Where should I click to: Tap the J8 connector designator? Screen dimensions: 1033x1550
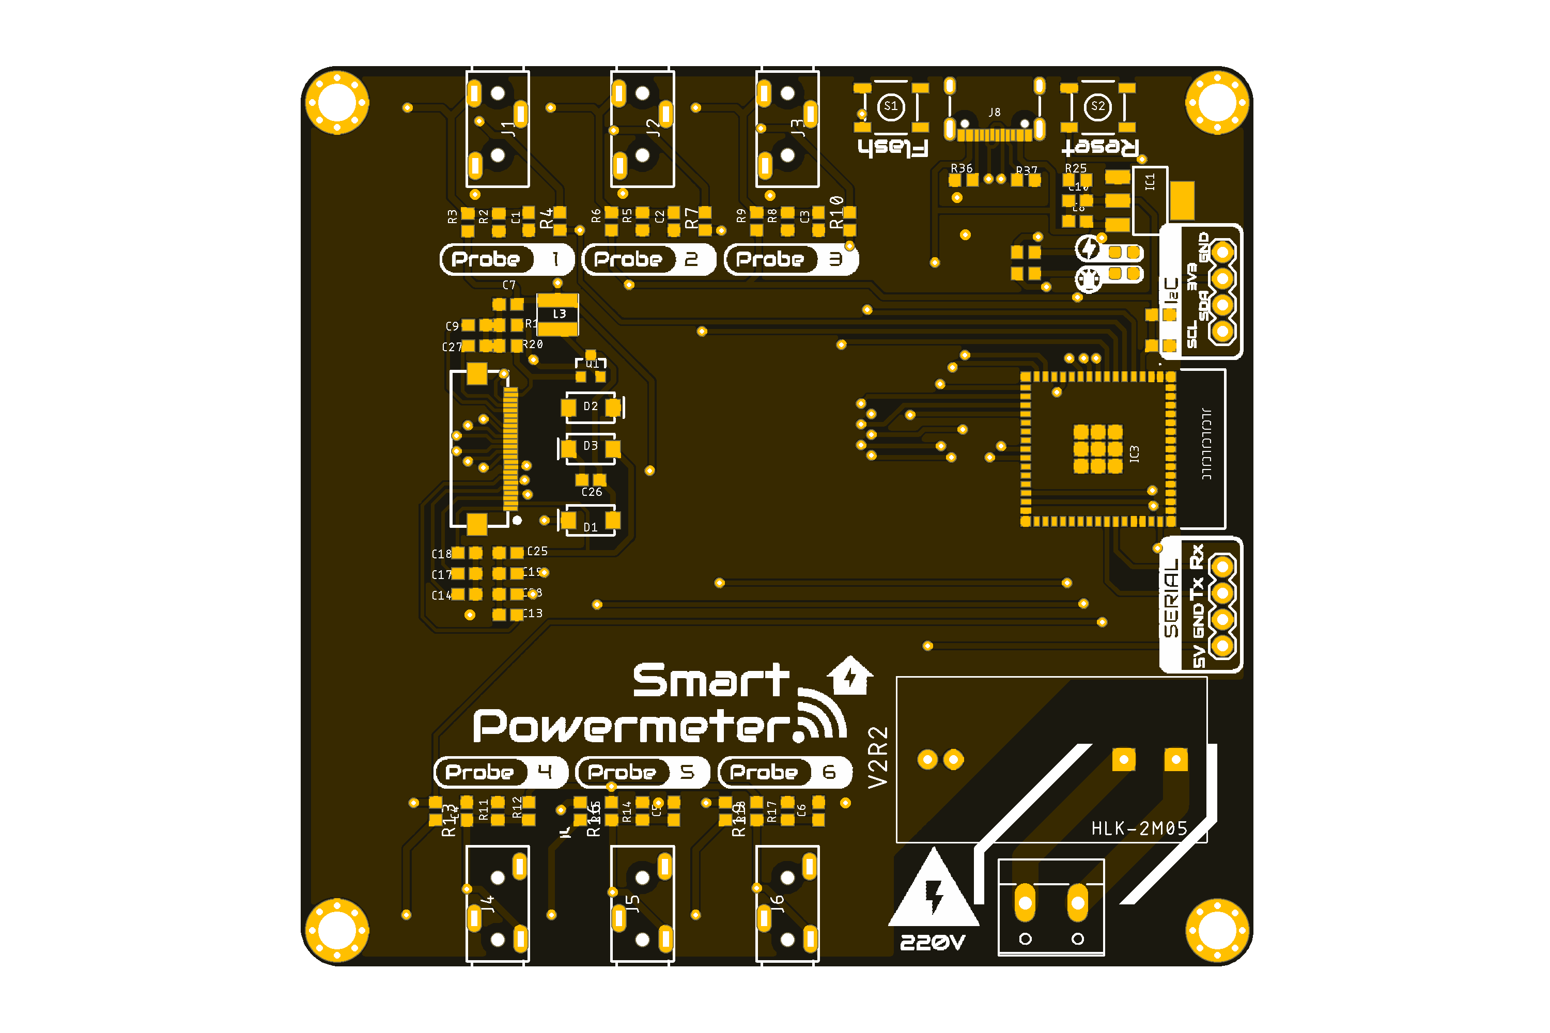coord(995,113)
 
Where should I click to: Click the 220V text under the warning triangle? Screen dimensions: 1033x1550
coord(933,943)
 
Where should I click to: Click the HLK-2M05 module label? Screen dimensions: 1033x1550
coord(1139,828)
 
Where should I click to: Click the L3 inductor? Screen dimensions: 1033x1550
coord(558,314)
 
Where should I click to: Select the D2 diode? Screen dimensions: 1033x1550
coord(591,407)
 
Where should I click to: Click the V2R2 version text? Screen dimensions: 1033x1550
coord(878,757)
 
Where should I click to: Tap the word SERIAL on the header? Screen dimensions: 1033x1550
coord(1171,598)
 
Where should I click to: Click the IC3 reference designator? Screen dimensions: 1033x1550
coord(1134,453)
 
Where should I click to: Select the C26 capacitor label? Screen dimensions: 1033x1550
coord(591,492)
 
